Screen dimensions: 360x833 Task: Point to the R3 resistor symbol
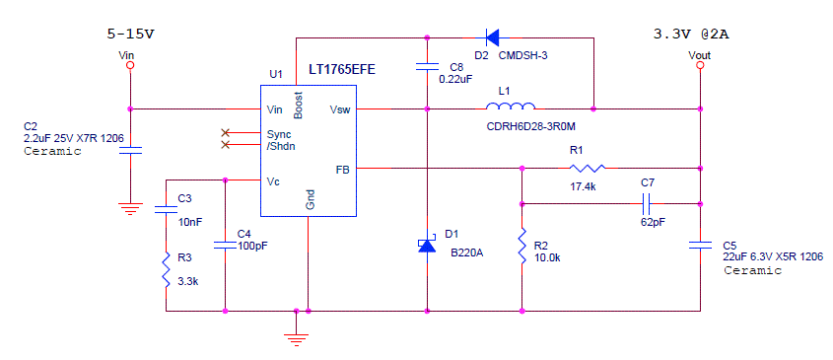[x=166, y=268]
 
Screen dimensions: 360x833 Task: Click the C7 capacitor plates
[x=647, y=203]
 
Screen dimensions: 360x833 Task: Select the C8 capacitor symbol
[x=427, y=67]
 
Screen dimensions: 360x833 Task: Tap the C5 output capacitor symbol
[x=700, y=244]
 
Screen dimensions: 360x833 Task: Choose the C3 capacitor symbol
[x=166, y=208]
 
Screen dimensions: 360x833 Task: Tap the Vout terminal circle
[x=700, y=65]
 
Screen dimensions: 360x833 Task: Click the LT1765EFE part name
[x=342, y=69]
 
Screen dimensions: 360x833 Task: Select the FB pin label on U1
[x=342, y=169]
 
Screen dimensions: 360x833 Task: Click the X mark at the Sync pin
[x=226, y=132]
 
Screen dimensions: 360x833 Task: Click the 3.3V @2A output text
[x=691, y=35]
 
